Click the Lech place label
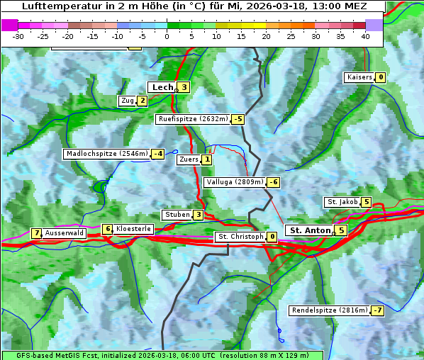click(x=162, y=87)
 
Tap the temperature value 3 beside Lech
click(x=184, y=87)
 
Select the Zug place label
click(x=128, y=101)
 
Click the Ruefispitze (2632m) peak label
click(x=193, y=119)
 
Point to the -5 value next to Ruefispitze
click(x=238, y=119)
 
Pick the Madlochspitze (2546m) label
click(x=106, y=154)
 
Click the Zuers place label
click(x=188, y=159)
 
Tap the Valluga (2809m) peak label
click(x=235, y=182)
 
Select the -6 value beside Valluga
click(x=273, y=182)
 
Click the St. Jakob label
click(x=342, y=202)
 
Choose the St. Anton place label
click(x=310, y=230)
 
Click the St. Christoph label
click(x=240, y=237)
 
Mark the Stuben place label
click(x=177, y=215)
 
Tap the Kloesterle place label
click(x=133, y=229)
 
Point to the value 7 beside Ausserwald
click(x=36, y=233)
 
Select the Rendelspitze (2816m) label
click(x=330, y=310)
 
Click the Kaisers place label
click(x=359, y=77)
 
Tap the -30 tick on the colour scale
click(x=18, y=36)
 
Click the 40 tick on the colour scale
click(x=365, y=36)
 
